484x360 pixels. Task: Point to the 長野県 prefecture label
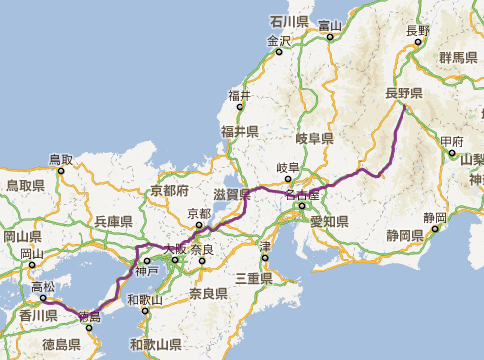[x=404, y=93]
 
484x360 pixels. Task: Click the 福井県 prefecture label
[x=240, y=131]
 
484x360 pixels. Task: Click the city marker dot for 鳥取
[x=61, y=170]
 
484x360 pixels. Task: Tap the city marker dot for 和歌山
[x=146, y=310]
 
